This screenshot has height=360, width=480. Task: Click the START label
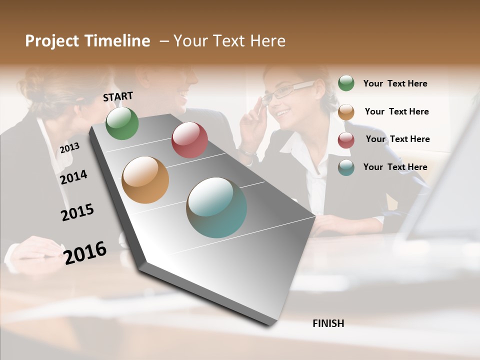pos(118,96)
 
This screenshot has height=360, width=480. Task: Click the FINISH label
pos(328,323)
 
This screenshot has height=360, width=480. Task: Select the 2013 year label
pos(69,148)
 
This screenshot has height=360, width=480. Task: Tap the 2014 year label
pos(73,177)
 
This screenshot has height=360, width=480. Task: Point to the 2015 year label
pos(77,212)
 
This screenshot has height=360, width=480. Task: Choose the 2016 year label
pos(85,253)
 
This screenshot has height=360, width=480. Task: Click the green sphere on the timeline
pos(122,123)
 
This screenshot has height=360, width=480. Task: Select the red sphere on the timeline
pos(189,140)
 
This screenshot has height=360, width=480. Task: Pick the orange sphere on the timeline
pos(145,180)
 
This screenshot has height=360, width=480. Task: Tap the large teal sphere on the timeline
pos(216,207)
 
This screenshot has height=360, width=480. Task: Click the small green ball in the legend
pos(346,83)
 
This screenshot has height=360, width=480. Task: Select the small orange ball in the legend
pos(346,112)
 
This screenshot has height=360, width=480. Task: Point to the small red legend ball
pos(346,140)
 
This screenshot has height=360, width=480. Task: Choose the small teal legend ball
pos(346,167)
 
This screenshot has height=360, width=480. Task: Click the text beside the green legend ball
pos(395,83)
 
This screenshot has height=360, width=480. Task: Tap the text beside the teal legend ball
pos(395,167)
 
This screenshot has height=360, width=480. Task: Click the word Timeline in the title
pos(117,41)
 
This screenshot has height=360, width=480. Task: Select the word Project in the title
pos(52,41)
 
